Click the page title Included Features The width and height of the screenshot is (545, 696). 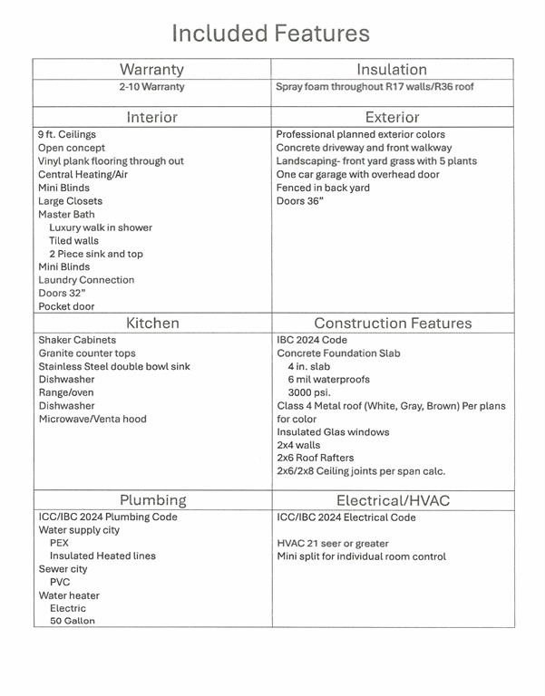(x=271, y=34)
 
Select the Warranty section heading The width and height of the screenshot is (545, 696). (x=151, y=69)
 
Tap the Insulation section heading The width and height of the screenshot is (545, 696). (x=392, y=69)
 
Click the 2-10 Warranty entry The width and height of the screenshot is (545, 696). (x=151, y=87)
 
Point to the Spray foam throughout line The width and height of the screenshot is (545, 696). (x=374, y=87)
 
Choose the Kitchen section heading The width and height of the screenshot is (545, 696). (x=152, y=323)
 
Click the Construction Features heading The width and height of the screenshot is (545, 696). (x=393, y=323)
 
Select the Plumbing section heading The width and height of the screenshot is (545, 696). (x=152, y=499)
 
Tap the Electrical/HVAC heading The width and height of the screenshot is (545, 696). (x=393, y=499)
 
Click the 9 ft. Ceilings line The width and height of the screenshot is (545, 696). (x=66, y=135)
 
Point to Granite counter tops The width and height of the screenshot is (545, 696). (x=87, y=353)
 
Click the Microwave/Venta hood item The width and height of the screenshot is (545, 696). (x=92, y=419)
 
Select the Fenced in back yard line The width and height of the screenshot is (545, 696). (x=323, y=188)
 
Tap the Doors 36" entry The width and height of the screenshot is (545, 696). (x=301, y=201)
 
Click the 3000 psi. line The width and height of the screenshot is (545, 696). (x=308, y=392)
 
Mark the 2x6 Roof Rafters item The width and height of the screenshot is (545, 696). (x=316, y=458)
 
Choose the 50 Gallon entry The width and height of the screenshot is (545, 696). (x=72, y=621)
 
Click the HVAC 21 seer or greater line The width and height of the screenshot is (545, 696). (x=332, y=544)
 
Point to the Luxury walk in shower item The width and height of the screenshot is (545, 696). (x=101, y=227)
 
